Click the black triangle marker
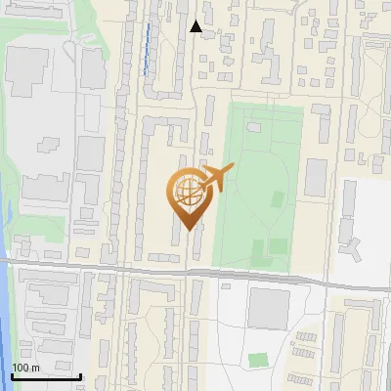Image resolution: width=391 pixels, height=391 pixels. pyautogui.click(x=196, y=26)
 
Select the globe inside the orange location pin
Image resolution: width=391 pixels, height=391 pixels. pyautogui.click(x=186, y=191)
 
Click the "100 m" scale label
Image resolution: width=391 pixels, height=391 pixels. pyautogui.click(x=26, y=368)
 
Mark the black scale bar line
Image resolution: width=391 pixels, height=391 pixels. pyautogui.click(x=46, y=376)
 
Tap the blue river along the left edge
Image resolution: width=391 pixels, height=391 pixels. pyautogui.click(x=5, y=323)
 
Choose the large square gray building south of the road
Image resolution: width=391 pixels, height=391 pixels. pyautogui.click(x=268, y=308)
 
